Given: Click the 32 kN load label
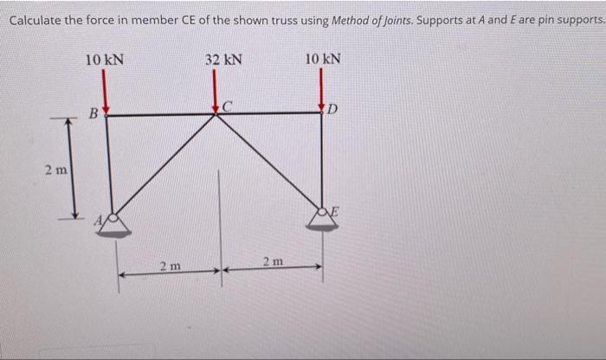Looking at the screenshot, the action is (223, 60).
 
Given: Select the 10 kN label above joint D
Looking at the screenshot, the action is (323, 60).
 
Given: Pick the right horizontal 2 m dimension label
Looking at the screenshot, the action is (272, 260).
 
